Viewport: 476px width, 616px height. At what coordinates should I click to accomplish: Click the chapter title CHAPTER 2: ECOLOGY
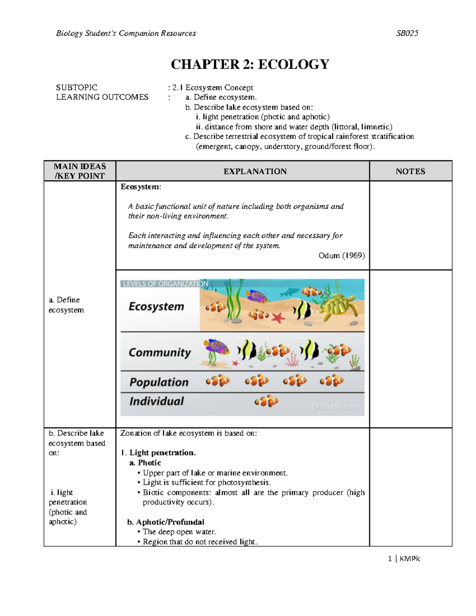pyautogui.click(x=250, y=64)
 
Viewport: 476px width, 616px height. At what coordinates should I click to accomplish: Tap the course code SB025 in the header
pyautogui.click(x=407, y=33)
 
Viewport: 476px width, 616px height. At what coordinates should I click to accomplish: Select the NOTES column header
pyautogui.click(x=410, y=171)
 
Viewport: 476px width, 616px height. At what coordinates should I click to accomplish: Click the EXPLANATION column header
pyautogui.click(x=255, y=171)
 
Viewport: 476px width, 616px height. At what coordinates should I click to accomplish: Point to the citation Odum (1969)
pyautogui.click(x=342, y=255)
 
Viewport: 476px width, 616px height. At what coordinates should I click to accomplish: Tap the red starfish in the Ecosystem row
pyautogui.click(x=278, y=318)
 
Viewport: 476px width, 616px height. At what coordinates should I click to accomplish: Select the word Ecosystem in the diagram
pyautogui.click(x=156, y=307)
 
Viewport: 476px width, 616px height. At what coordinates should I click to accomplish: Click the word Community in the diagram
pyautogui.click(x=160, y=352)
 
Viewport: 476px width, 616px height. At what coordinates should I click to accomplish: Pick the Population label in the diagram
pyautogui.click(x=159, y=382)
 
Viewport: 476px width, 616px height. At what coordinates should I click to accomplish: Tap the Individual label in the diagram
pyautogui.click(x=157, y=401)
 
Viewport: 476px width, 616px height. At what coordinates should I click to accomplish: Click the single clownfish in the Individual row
pyautogui.click(x=267, y=401)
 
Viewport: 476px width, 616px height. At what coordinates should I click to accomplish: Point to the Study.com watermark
pyautogui.click(x=335, y=407)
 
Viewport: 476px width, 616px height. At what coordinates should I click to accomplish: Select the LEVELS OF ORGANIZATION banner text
pyautogui.click(x=165, y=284)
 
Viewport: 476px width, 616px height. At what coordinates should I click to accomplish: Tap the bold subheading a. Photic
pyautogui.click(x=145, y=463)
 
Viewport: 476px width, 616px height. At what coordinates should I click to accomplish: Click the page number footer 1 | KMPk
pyautogui.click(x=404, y=558)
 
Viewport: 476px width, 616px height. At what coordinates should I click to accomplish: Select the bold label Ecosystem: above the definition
pyautogui.click(x=141, y=187)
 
